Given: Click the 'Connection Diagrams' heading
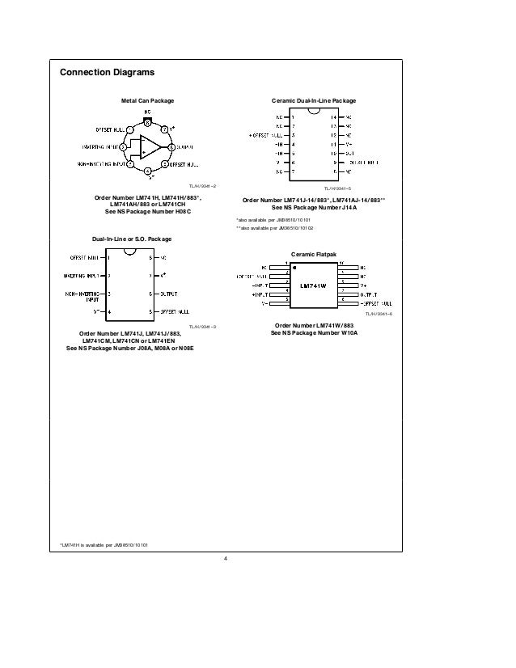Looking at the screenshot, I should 107,73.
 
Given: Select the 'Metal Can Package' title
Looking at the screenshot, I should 147,100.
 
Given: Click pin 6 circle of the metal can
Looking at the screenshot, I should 172,146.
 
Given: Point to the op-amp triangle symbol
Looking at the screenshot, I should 148,147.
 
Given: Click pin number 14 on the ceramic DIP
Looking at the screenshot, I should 333,117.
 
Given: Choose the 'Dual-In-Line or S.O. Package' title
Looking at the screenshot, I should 131,239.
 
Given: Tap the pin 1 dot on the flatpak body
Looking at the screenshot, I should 294,268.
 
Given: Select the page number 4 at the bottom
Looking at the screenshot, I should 226,556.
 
